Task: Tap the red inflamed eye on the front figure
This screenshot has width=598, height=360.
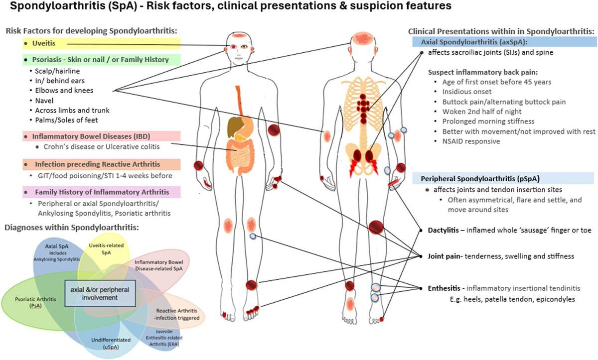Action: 232,46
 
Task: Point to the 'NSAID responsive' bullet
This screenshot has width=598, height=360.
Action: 470,141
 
